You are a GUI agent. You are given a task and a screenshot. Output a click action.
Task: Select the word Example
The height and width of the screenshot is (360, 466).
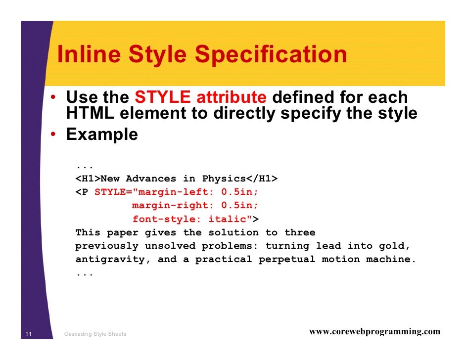pos(102,134)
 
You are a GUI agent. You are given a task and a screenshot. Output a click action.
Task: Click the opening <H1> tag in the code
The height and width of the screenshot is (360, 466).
pos(88,179)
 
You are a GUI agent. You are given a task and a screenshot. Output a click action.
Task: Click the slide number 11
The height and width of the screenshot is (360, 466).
pos(28,334)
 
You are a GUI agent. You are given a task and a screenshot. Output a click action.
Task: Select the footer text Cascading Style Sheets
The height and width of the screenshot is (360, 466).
pos(95,334)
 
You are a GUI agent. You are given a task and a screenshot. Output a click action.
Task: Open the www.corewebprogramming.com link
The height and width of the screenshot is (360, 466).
pos(374,332)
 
